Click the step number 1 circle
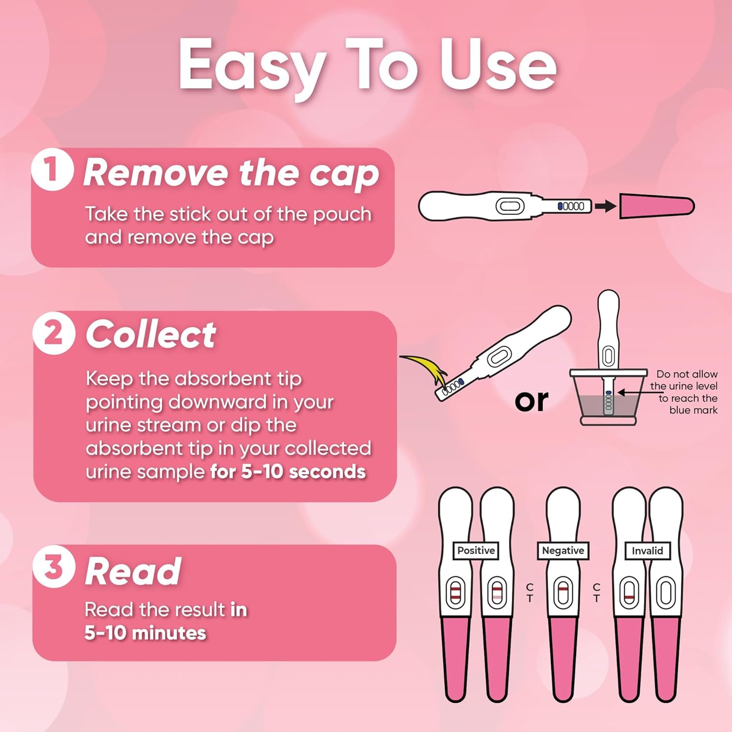pyautogui.click(x=52, y=169)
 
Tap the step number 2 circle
pyautogui.click(x=54, y=333)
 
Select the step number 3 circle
pyautogui.click(x=54, y=567)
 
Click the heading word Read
pyautogui.click(x=133, y=571)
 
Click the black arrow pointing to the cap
pyautogui.click(x=605, y=206)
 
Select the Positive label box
pyautogui.click(x=476, y=550)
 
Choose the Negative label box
pyautogui.click(x=563, y=550)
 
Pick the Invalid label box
pyautogui.click(x=647, y=551)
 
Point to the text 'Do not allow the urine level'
pyautogui.click(x=684, y=380)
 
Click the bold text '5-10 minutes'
pyautogui.click(x=145, y=633)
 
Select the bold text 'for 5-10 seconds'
pyautogui.click(x=288, y=472)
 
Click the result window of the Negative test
pyautogui.click(x=563, y=592)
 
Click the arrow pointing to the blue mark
pyautogui.click(x=634, y=392)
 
